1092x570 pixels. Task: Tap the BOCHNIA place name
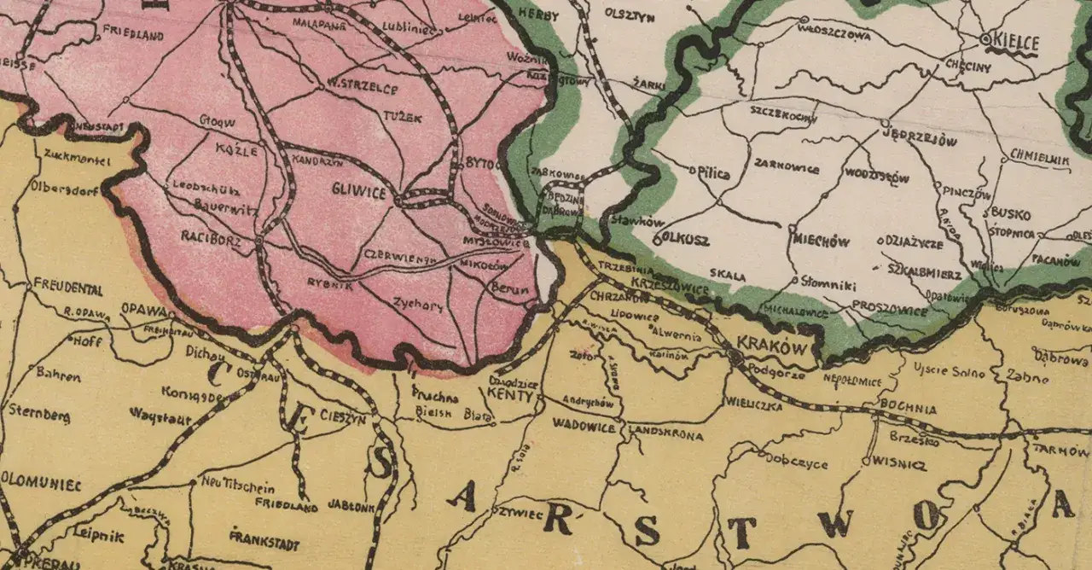907,408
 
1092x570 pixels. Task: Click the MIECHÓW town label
821,241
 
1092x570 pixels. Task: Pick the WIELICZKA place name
753,406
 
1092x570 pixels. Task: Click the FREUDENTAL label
67,288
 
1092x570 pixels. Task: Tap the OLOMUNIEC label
41,485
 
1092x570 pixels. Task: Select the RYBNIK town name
330,286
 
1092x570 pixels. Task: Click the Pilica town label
712,173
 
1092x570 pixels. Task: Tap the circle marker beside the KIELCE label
985,39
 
